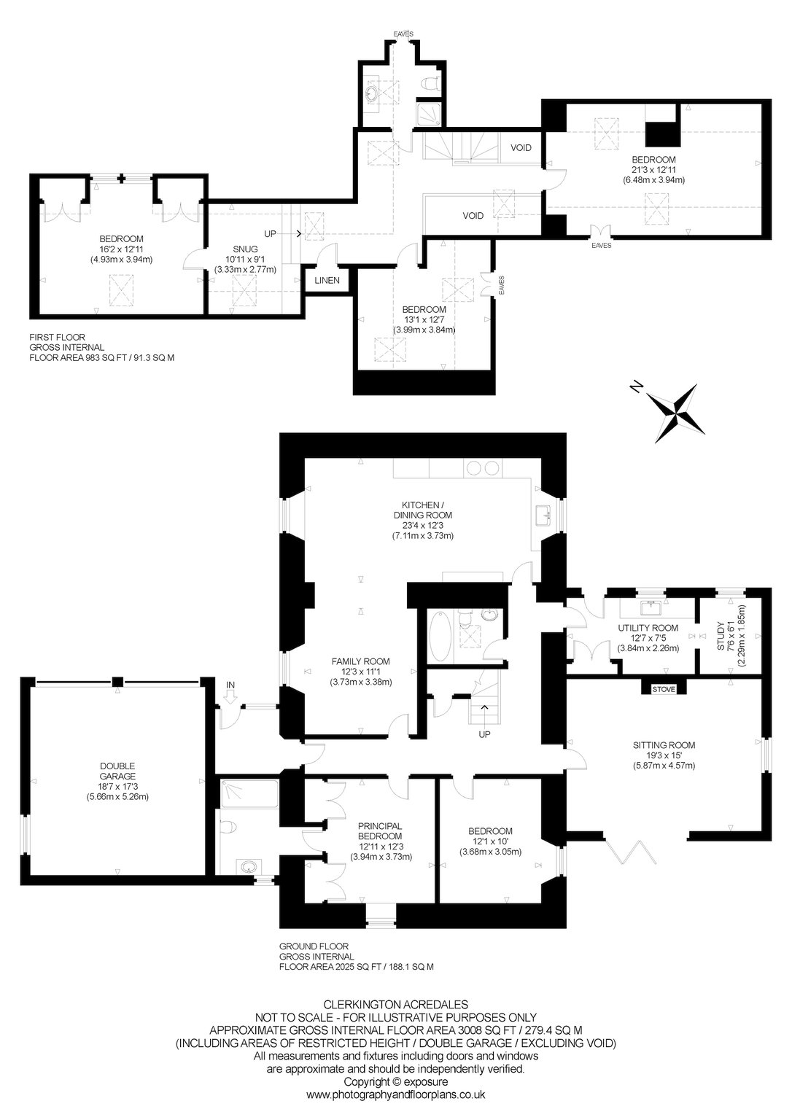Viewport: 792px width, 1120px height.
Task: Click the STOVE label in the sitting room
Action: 664,689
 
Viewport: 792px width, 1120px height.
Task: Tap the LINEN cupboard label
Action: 327,280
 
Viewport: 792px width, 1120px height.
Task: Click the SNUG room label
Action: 245,249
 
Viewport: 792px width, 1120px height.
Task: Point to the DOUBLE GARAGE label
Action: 117,771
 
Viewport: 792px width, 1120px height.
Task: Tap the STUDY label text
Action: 721,636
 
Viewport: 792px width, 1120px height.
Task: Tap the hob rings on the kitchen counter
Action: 483,468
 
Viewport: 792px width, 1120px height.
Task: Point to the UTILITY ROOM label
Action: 648,628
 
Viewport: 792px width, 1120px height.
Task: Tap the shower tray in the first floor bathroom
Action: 429,114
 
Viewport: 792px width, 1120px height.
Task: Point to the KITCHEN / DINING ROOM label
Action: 423,510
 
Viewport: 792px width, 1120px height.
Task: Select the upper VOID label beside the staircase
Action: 521,147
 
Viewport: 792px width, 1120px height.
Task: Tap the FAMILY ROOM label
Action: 360,661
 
